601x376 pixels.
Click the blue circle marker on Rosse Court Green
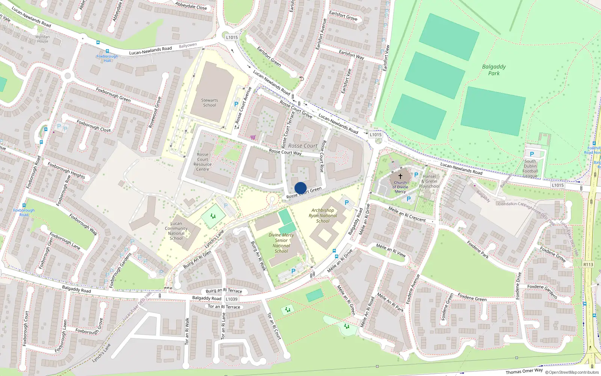300,188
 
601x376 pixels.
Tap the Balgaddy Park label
494,70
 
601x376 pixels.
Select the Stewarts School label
209,103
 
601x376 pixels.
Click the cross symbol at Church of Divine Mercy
400,176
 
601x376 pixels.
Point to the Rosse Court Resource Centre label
202,162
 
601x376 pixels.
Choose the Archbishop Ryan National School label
323,216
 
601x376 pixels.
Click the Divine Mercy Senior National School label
281,243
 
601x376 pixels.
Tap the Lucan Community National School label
176,230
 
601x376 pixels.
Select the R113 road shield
588,264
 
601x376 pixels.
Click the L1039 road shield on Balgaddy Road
231,299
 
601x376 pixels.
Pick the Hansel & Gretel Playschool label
429,181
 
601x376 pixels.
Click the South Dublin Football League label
530,168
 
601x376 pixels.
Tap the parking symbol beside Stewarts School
236,105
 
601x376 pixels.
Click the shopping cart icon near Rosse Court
253,137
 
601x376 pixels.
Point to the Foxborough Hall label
107,58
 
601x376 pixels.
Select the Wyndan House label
42,39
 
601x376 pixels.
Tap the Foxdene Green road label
472,297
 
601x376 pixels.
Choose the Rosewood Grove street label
155,112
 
